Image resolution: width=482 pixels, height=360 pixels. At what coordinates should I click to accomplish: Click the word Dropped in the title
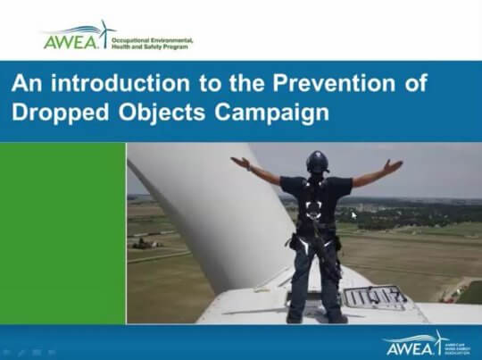(x=54, y=113)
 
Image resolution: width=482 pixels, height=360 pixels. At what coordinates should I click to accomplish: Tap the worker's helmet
(x=317, y=162)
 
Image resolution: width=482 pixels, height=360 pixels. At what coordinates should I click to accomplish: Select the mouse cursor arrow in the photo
(x=354, y=214)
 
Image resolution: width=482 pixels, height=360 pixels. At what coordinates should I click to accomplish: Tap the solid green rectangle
(x=62, y=233)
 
